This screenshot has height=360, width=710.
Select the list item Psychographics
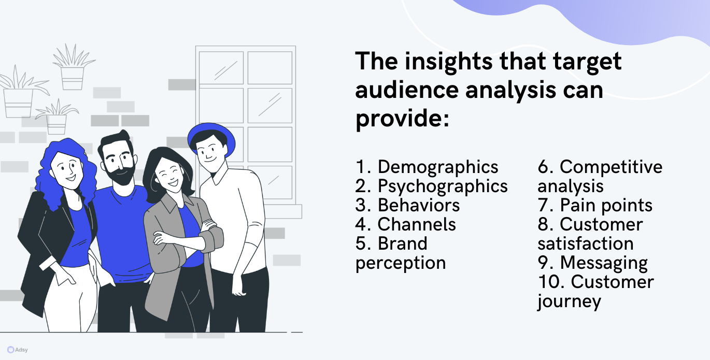point(443,187)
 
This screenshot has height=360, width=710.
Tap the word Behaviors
point(418,205)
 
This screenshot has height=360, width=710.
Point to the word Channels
point(417,224)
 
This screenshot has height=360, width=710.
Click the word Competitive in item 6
point(611,167)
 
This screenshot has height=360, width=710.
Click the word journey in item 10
point(569,301)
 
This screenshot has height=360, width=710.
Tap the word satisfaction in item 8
point(586,243)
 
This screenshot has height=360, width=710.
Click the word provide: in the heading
point(402,119)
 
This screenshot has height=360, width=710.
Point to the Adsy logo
point(18,350)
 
